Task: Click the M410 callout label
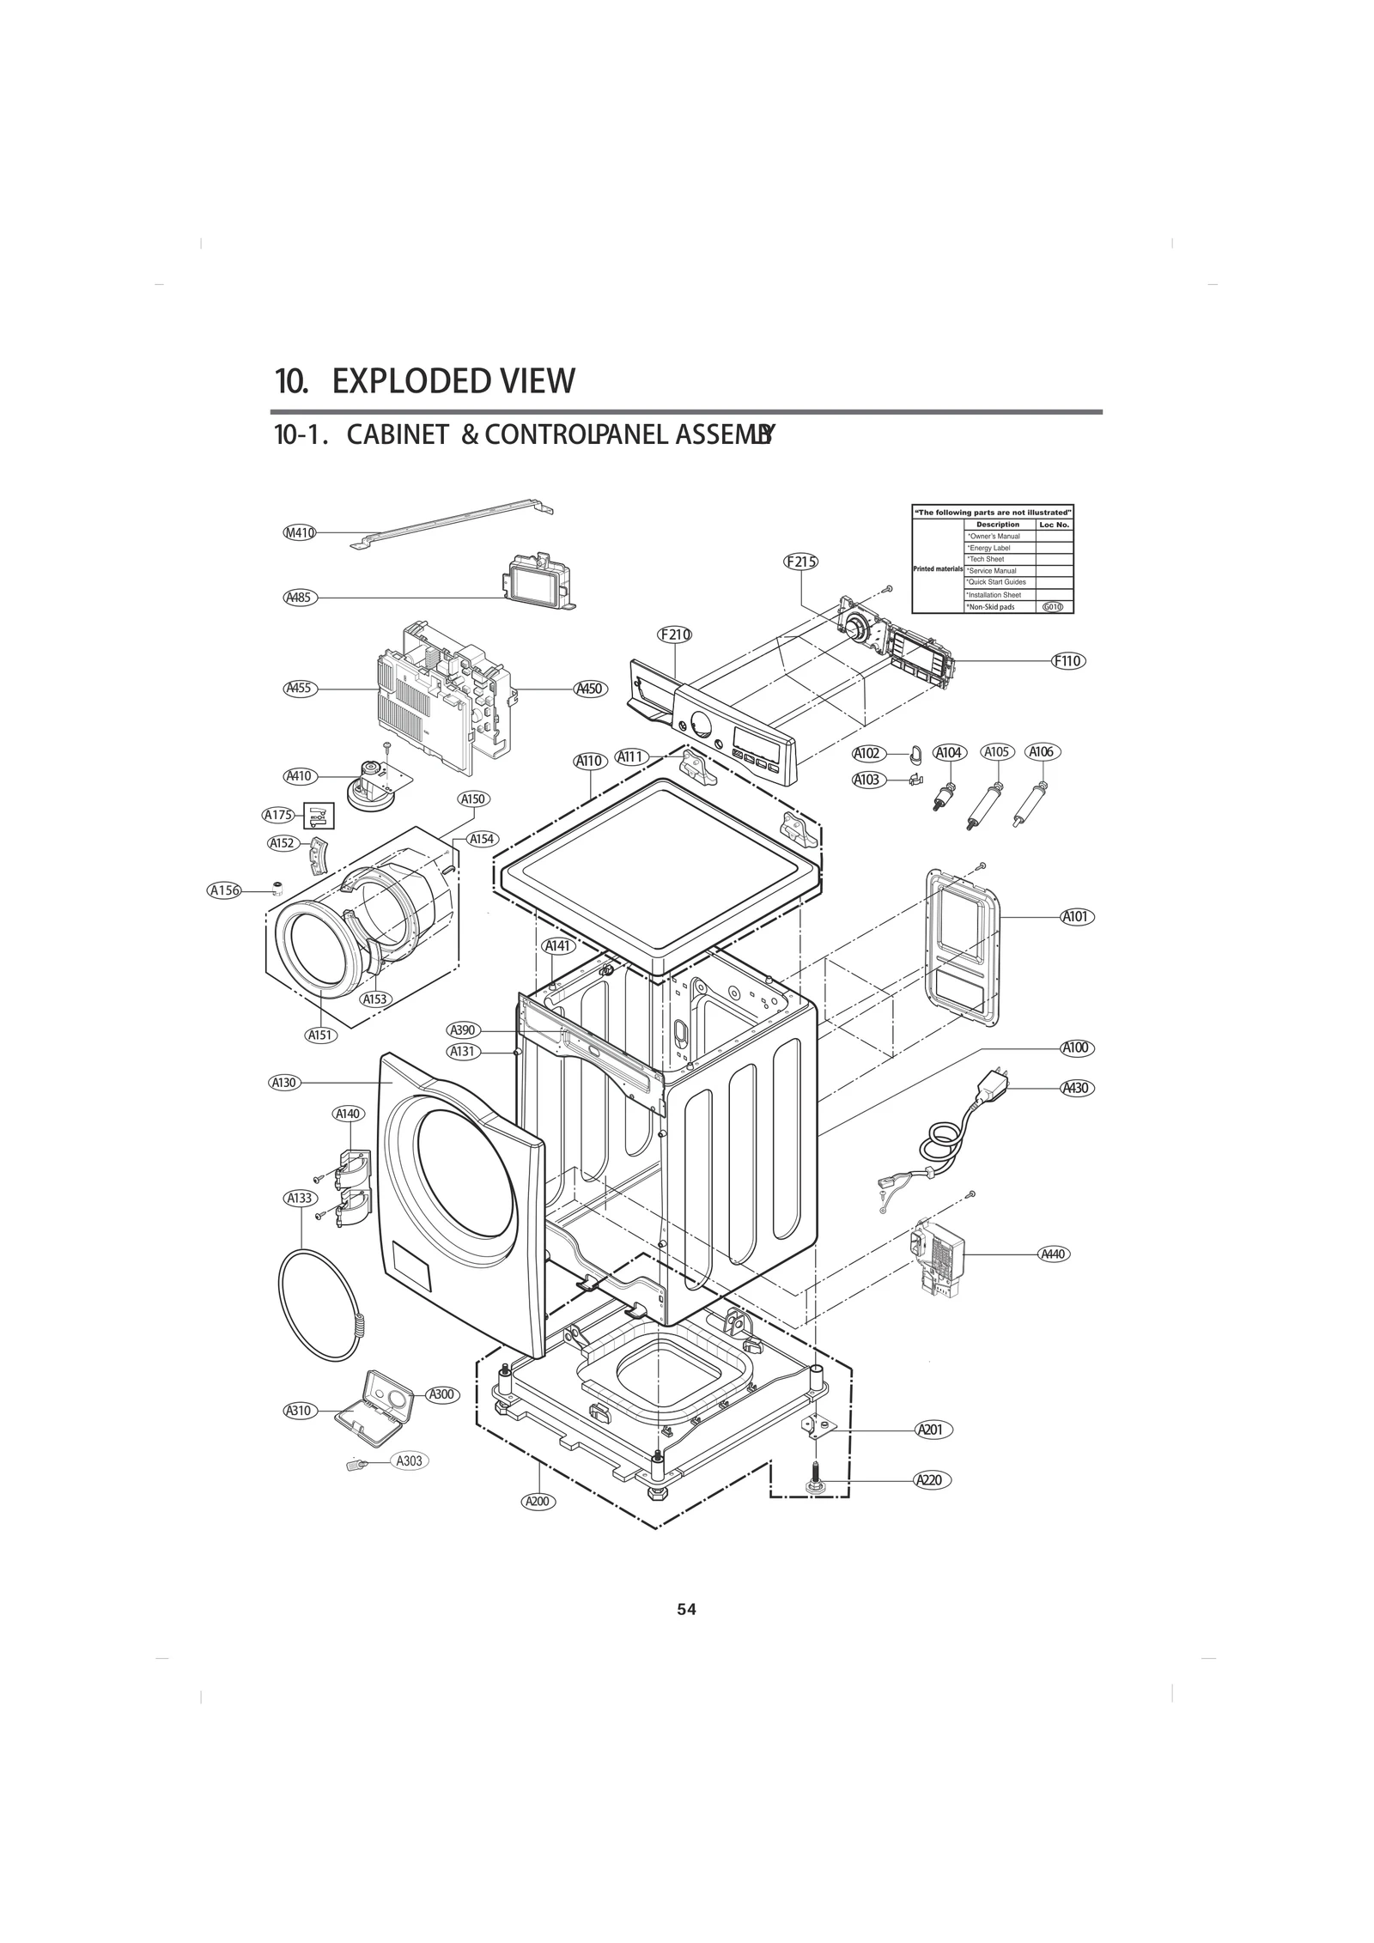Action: point(300,532)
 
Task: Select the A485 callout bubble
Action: point(300,598)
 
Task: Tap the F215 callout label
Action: point(800,562)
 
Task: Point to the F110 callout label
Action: point(1067,660)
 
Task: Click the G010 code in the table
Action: point(1053,607)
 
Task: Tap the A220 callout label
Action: point(933,1480)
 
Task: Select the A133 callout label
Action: point(301,1198)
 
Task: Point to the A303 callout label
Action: point(410,1460)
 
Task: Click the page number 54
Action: point(686,1609)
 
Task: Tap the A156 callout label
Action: point(225,890)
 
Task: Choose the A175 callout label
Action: point(278,815)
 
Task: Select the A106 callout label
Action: point(1043,752)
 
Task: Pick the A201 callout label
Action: point(933,1430)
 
